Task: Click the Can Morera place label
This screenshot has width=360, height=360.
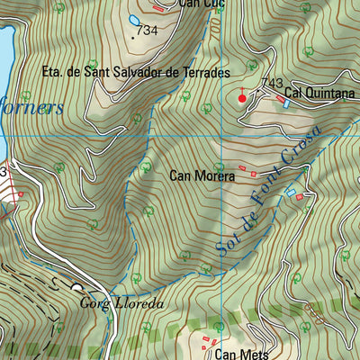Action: click(x=202, y=176)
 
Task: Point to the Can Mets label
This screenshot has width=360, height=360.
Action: click(x=241, y=354)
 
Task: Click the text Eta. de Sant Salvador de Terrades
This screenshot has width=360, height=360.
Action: click(x=136, y=70)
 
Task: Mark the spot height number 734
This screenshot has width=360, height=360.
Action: click(x=146, y=31)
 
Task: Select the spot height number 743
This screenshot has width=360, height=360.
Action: click(x=272, y=83)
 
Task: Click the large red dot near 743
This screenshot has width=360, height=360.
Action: click(x=241, y=97)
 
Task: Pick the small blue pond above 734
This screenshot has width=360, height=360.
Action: click(x=134, y=20)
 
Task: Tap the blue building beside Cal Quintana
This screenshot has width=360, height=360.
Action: click(x=286, y=103)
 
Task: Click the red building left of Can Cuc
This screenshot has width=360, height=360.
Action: click(x=159, y=9)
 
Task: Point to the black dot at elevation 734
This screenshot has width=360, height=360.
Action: click(x=132, y=37)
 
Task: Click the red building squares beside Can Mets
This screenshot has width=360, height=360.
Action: click(x=210, y=341)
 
